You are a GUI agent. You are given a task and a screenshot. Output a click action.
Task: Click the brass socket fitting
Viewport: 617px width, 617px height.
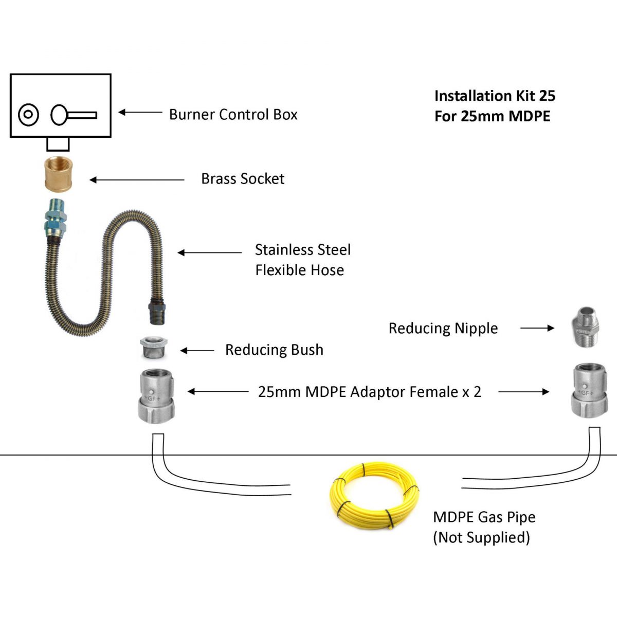[x=58, y=175]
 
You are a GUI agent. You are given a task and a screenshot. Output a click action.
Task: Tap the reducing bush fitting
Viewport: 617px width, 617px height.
[x=153, y=348]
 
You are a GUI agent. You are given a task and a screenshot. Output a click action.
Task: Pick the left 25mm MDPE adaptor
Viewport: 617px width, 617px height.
[x=156, y=396]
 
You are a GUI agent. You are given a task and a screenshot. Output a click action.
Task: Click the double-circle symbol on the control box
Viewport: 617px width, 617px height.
[x=28, y=115]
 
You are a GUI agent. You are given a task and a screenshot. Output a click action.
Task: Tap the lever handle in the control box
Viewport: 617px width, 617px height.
[x=73, y=115]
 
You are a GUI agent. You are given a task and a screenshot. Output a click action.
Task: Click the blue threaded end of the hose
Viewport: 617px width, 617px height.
[x=53, y=216]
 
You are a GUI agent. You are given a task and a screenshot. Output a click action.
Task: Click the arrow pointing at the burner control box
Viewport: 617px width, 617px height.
[x=140, y=112]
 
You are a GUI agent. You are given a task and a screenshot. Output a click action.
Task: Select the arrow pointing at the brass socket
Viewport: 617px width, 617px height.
[x=136, y=179]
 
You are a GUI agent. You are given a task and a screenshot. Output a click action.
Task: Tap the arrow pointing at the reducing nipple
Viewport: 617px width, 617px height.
[x=537, y=328]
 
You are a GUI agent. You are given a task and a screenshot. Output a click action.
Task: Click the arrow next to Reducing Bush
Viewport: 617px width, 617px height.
[x=197, y=351]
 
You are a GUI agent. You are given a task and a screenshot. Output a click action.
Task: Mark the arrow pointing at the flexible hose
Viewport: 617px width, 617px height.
[x=209, y=252]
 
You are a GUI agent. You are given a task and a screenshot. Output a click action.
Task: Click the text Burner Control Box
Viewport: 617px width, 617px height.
[x=233, y=114]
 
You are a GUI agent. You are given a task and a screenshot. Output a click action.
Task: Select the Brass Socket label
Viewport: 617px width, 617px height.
[x=243, y=178]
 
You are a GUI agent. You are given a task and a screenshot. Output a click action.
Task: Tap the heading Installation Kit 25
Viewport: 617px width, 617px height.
[x=495, y=96]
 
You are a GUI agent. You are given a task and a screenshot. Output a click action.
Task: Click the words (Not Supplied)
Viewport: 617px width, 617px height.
[x=481, y=537]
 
